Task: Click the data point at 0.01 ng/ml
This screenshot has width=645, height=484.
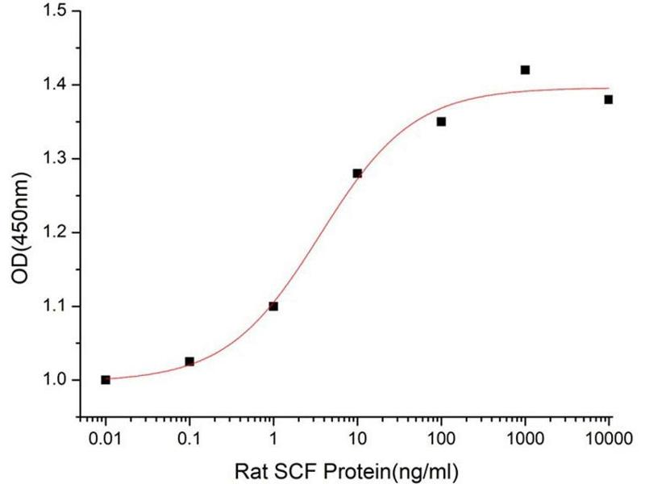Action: point(106,379)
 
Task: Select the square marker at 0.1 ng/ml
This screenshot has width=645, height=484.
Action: point(189,361)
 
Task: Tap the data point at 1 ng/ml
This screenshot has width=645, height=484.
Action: point(273,306)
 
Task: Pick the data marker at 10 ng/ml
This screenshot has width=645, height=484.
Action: point(357,173)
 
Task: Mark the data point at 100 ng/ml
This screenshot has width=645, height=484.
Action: point(441,122)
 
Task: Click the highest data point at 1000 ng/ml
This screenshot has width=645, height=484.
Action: point(525,70)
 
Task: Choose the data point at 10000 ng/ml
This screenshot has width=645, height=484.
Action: point(609,99)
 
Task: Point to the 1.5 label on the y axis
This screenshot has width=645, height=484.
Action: point(56,11)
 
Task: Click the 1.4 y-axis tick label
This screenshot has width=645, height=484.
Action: point(56,85)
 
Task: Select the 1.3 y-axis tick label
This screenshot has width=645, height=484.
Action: point(56,159)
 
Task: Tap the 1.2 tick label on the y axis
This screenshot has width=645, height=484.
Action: point(56,232)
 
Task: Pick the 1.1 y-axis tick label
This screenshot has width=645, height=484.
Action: point(56,307)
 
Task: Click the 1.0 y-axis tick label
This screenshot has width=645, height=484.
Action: point(56,380)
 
